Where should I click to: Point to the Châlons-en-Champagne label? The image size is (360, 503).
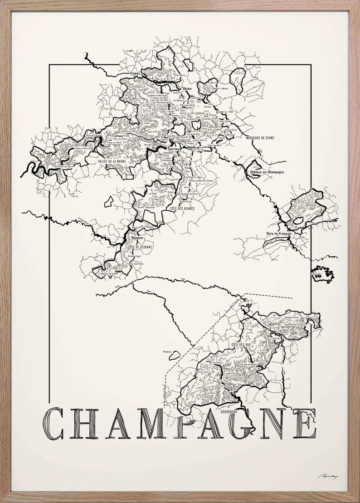267,172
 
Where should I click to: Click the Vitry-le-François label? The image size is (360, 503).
276,234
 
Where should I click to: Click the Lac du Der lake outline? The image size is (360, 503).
323,273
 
